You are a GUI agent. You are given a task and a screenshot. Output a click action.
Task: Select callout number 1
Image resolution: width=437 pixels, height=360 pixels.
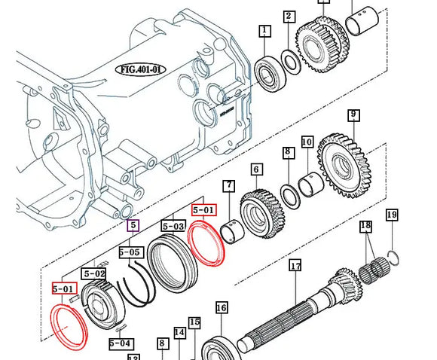[264, 31]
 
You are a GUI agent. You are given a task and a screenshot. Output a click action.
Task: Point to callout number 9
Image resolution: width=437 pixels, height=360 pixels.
[353, 115]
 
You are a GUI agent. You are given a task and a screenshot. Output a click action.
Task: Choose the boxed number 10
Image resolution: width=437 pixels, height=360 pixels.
[307, 142]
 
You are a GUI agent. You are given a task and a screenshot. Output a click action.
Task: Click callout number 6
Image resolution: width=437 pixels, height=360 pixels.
[256, 170]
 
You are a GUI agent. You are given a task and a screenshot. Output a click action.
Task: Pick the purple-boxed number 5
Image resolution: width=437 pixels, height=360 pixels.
[133, 224]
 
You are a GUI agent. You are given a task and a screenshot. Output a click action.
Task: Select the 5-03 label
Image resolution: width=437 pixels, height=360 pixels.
[173, 225]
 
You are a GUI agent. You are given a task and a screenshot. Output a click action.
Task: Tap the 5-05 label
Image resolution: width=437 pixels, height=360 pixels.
[130, 252]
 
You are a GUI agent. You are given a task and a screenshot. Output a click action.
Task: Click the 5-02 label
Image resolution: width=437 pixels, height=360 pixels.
[95, 274]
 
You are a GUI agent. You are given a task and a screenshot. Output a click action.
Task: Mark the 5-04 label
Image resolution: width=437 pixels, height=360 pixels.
[120, 343]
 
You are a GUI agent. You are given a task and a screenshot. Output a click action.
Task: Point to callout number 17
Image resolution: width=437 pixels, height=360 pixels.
[295, 266]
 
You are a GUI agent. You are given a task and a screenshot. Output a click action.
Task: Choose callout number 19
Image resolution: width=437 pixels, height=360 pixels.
[391, 215]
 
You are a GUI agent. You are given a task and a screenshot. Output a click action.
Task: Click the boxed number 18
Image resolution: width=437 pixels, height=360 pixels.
[365, 226]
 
